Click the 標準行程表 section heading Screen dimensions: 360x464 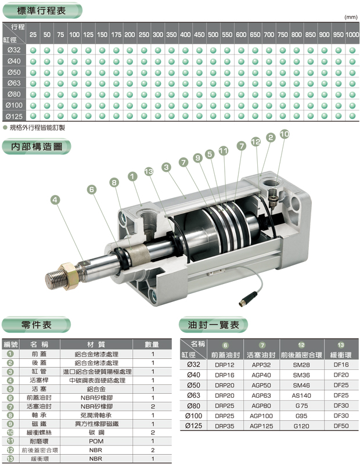click(41, 11)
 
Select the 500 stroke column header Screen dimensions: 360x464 click(213, 35)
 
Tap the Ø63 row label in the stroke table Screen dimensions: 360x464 click(14, 83)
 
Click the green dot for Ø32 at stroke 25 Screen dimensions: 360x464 click(33, 51)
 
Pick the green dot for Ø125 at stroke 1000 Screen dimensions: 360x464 click(352, 116)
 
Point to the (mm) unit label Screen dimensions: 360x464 click(351, 17)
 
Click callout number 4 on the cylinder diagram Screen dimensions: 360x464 click(55, 200)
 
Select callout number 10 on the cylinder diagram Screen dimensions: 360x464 click(285, 134)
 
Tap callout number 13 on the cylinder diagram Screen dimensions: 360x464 click(149, 171)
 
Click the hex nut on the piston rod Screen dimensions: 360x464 click(69, 276)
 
